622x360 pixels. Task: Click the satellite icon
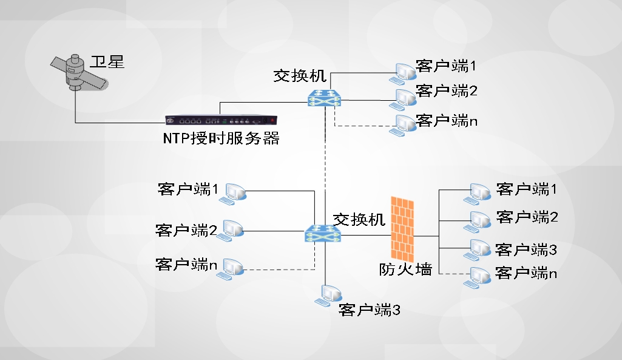79,72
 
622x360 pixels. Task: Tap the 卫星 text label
107,62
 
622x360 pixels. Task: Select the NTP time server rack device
221,120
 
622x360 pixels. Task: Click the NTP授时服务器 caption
221,138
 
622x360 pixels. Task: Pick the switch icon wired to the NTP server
324,98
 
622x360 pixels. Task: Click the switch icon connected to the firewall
323,233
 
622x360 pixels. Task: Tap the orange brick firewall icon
402,229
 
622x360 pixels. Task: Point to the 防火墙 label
405,270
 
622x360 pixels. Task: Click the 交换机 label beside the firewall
359,219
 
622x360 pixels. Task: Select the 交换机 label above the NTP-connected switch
300,75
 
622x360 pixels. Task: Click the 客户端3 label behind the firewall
526,250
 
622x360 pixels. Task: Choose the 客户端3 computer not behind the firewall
328,296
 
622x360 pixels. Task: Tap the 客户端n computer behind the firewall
477,277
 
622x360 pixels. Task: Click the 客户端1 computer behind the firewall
477,194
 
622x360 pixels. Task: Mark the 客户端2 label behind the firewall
527,217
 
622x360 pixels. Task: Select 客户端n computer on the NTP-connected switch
403,126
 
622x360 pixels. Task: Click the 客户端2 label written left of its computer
186,230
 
